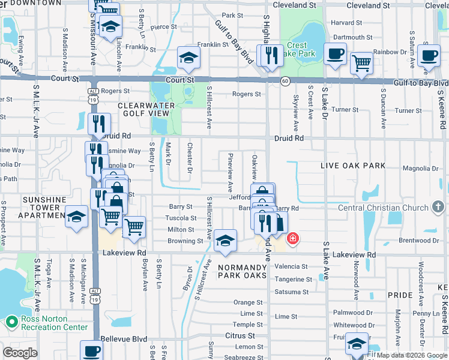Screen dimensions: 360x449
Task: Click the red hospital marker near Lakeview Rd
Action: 293,239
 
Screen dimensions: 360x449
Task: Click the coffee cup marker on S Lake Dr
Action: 335,53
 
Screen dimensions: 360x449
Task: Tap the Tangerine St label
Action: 294,280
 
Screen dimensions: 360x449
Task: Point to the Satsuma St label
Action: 291,292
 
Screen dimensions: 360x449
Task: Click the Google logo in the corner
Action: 20,353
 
